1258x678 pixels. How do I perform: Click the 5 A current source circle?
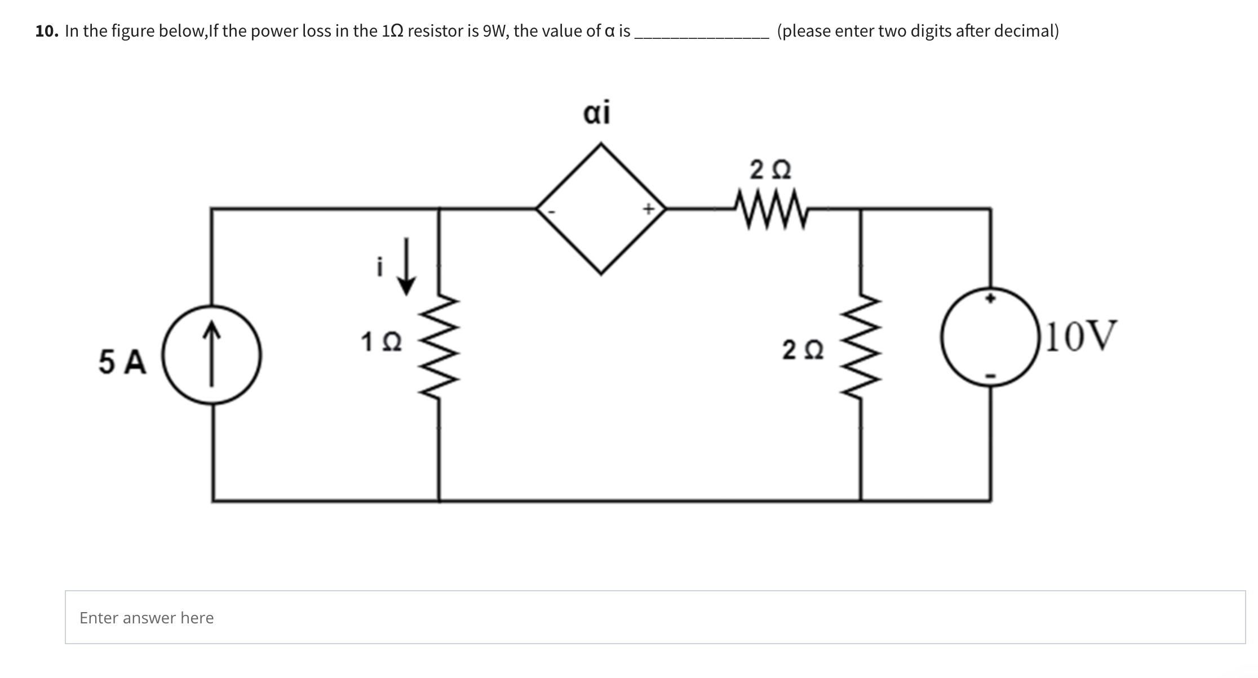point(212,355)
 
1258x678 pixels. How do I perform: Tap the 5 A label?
point(122,362)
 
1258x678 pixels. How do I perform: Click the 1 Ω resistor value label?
point(381,342)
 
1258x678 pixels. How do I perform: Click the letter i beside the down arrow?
point(380,267)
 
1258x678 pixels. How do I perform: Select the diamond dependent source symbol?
point(601,208)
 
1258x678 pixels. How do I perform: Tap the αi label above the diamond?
point(596,113)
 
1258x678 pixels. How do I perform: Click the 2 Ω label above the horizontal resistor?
point(770,169)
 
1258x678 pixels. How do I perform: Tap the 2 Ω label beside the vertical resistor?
point(803,350)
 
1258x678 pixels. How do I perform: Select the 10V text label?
point(1080,336)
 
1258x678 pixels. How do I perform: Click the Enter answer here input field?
point(655,617)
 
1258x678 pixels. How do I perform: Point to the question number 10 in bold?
point(47,31)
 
